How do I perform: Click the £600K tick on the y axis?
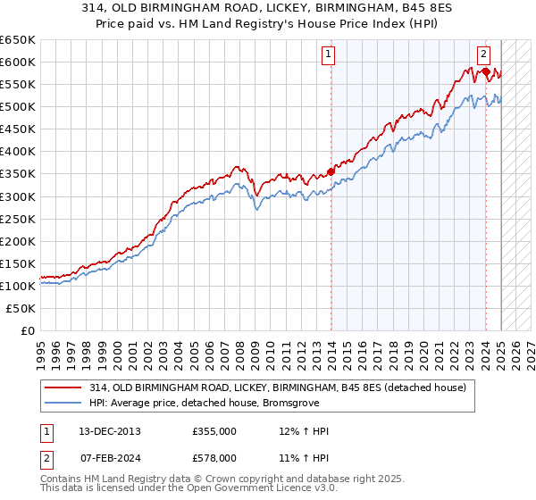18,62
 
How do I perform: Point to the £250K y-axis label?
18,219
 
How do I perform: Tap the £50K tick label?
21,308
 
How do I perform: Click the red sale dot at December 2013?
331,171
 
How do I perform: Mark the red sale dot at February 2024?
485,71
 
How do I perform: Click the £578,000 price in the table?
214,458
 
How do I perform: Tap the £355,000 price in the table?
214,431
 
